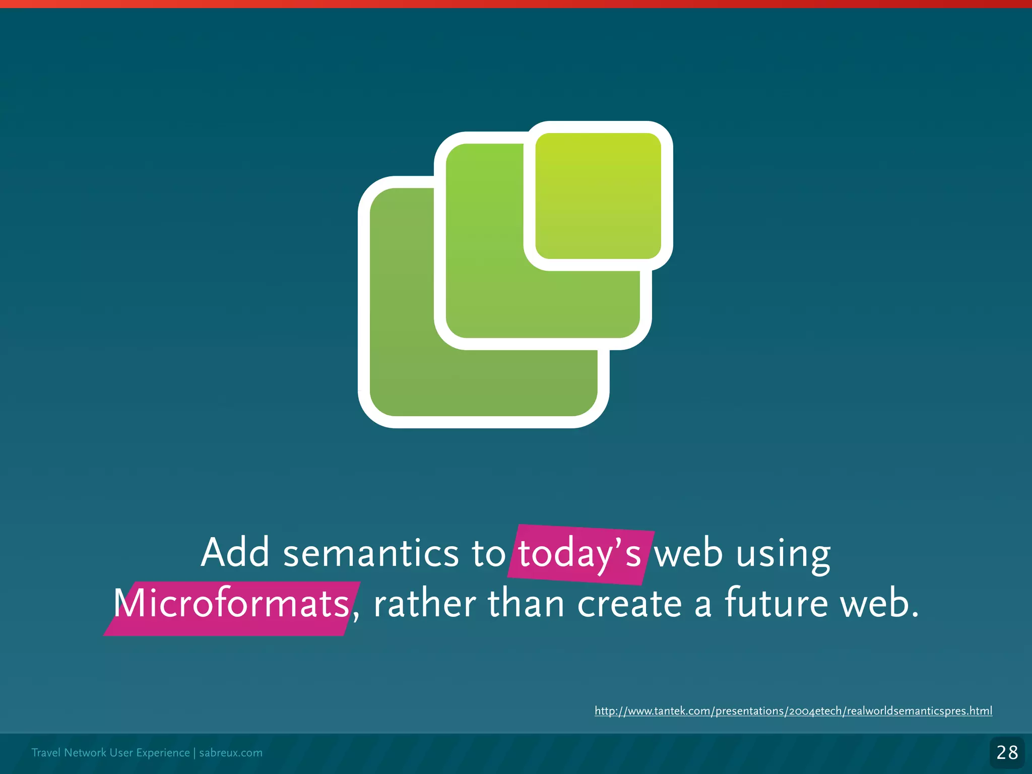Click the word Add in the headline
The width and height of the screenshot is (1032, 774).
click(x=235, y=553)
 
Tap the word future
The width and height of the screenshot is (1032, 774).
click(x=776, y=603)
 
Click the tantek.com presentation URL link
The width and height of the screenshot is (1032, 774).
click(x=793, y=711)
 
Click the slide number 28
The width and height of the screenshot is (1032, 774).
click(x=1007, y=752)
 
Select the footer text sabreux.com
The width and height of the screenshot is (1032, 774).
click(x=231, y=753)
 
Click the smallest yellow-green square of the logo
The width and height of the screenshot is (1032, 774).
click(x=598, y=196)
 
